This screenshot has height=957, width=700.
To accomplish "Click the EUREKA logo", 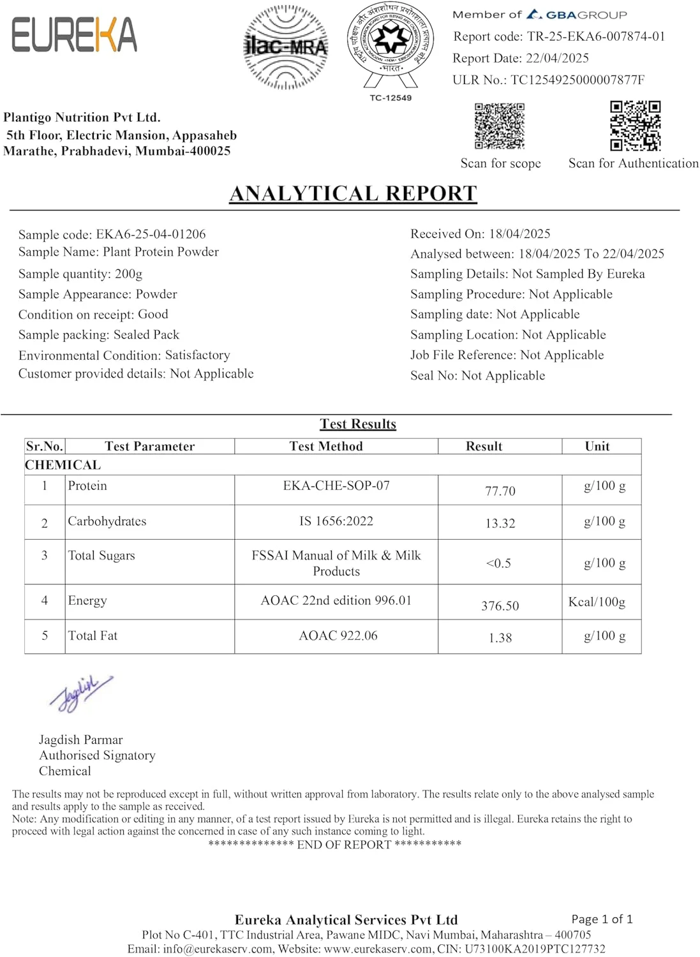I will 74,34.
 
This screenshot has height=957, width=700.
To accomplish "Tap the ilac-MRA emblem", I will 286,47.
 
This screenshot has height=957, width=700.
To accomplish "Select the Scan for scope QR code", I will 500,126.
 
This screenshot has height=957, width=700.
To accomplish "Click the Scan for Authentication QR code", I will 635,125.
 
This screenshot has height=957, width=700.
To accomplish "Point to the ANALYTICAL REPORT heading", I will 353,193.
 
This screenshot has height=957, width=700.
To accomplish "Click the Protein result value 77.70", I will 500,491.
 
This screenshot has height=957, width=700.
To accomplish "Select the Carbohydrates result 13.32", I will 500,523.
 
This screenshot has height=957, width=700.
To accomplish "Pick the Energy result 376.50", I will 500,605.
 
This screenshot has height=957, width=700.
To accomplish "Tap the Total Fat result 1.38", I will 500,637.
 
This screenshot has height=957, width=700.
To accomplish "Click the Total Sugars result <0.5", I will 498,563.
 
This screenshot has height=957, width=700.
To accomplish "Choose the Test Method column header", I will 326,446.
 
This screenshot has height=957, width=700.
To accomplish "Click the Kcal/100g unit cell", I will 597,602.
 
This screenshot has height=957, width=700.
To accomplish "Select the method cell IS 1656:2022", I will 336,521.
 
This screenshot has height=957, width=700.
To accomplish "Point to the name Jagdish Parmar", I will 80,739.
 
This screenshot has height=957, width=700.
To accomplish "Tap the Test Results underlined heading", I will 358,424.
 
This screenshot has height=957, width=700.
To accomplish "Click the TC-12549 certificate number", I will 391,98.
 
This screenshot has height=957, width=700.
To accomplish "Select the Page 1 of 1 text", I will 602,919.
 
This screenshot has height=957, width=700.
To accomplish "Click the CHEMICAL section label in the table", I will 63,464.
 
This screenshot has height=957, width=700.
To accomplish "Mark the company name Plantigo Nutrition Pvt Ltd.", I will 82,117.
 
